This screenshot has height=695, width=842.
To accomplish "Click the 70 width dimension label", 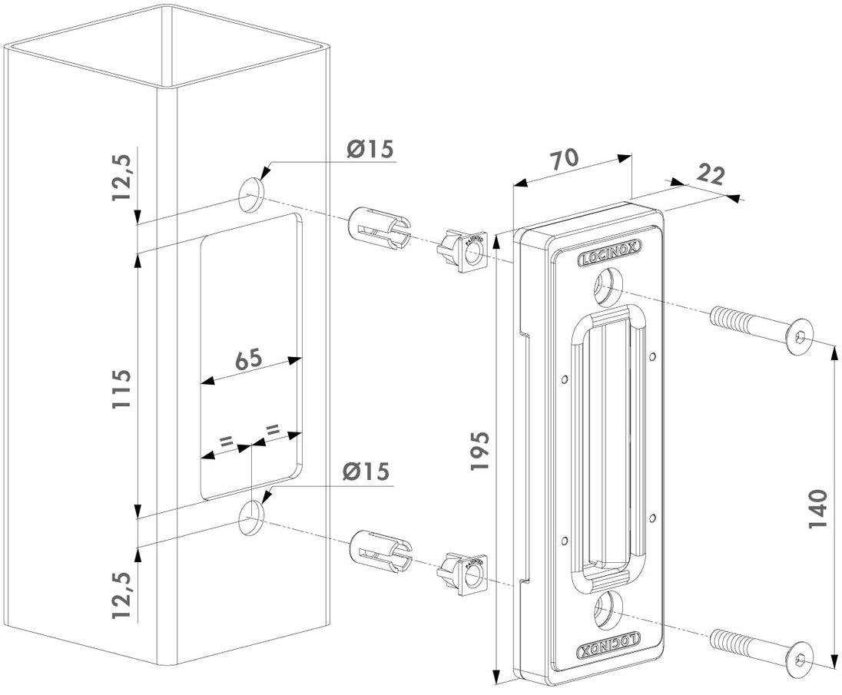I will coord(565,161).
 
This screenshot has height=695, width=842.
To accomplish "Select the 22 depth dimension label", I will coord(711,175).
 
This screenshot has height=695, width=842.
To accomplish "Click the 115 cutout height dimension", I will coord(121,388).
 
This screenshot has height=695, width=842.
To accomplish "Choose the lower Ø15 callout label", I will coord(366,472).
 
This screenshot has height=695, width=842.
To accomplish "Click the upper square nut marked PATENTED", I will coord(469,253).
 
